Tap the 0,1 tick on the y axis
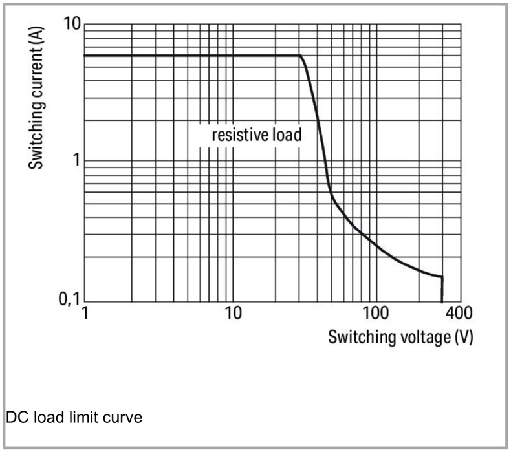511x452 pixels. coord(67,299)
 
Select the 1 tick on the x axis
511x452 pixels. coord(85,314)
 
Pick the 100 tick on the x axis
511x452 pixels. coord(376,314)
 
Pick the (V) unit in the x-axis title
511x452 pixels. coord(462,337)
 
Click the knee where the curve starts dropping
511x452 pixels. coord(301,56)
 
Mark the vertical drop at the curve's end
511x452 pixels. coord(442,289)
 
